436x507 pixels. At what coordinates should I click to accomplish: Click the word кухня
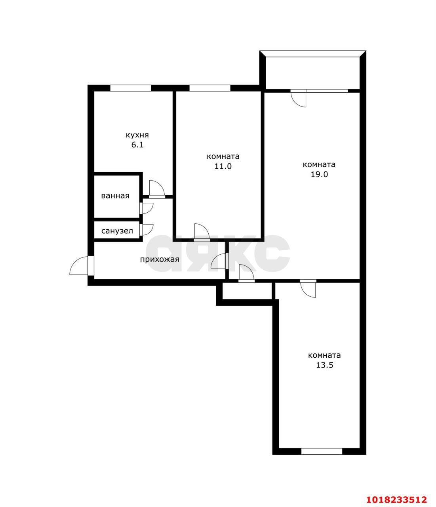tap(137, 135)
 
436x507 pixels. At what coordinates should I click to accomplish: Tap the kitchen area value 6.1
tap(137, 145)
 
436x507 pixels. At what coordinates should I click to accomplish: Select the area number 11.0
tap(223, 166)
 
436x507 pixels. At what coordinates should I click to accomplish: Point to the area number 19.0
tap(319, 174)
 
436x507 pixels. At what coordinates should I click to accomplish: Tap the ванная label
tap(115, 196)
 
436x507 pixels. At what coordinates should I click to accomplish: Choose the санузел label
tap(117, 231)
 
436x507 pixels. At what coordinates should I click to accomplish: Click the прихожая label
tap(160, 259)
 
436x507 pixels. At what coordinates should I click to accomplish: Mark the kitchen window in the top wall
tap(130, 88)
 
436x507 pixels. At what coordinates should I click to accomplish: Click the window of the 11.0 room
tap(210, 88)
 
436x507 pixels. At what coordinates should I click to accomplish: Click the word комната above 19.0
tap(319, 164)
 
